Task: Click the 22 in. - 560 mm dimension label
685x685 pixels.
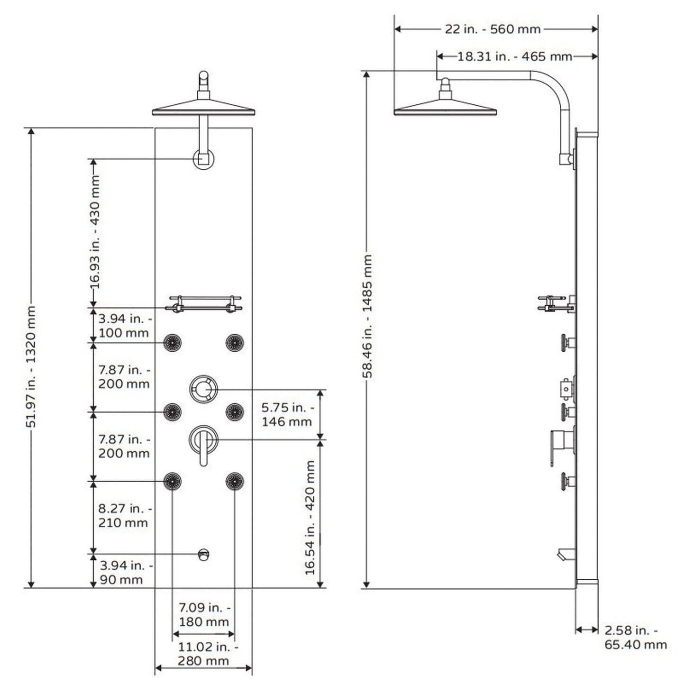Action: (x=493, y=29)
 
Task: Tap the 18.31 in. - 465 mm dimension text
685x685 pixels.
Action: (x=514, y=56)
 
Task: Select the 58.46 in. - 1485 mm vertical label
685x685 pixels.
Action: (x=367, y=316)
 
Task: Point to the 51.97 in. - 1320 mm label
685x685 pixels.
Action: (x=31, y=366)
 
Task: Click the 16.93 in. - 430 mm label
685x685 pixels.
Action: (x=95, y=232)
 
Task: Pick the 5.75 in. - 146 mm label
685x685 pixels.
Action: (x=287, y=414)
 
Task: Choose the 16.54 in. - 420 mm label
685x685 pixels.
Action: (x=310, y=517)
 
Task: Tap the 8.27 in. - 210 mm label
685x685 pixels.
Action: (x=125, y=515)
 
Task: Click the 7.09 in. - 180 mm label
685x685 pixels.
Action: (x=204, y=614)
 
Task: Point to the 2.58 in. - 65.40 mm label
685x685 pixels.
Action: (x=635, y=637)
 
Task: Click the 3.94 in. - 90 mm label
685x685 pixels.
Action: (x=126, y=572)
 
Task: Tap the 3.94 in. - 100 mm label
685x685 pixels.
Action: (x=125, y=325)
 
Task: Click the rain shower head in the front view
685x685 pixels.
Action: (x=203, y=109)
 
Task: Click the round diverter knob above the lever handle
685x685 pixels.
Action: (x=204, y=389)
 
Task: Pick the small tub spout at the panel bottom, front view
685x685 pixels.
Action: (x=204, y=554)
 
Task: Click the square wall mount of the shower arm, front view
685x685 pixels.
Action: (x=204, y=159)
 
